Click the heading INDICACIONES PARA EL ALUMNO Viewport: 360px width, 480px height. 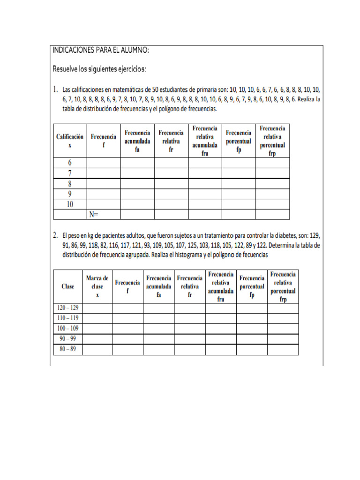pyautogui.click(x=101, y=50)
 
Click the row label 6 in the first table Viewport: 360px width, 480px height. pyautogui.click(x=70, y=163)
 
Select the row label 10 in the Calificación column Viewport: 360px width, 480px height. pyautogui.click(x=70, y=204)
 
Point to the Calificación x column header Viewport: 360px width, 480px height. pyautogui.click(x=70, y=141)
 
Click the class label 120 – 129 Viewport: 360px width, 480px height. pyautogui.click(x=67, y=308)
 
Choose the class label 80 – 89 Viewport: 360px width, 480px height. pyautogui.click(x=67, y=350)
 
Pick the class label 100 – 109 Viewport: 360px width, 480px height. pyautogui.click(x=67, y=329)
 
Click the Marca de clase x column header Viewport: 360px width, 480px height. pyautogui.click(x=97, y=286)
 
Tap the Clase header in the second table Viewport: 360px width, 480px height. pyautogui.click(x=67, y=286)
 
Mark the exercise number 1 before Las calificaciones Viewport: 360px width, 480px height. pyautogui.click(x=55, y=89)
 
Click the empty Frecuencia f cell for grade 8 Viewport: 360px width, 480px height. pyautogui.click(x=104, y=183)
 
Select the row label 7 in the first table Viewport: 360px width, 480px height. pyautogui.click(x=70, y=173)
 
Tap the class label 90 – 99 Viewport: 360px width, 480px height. pyautogui.click(x=67, y=339)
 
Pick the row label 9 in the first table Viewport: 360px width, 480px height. pyautogui.click(x=70, y=194)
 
